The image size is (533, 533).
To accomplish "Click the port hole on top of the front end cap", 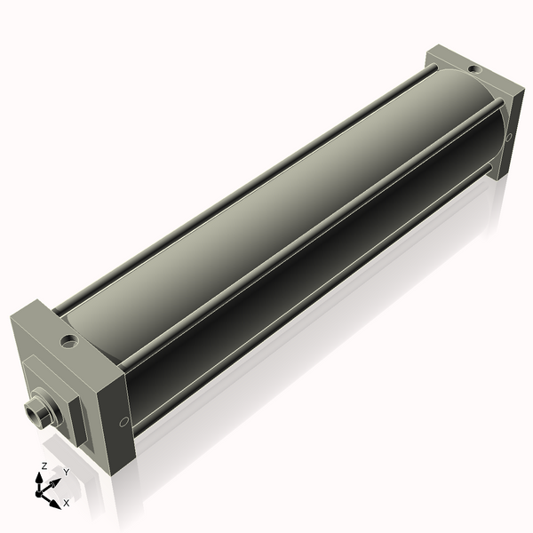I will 68,339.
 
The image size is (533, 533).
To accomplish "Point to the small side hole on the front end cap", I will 123,421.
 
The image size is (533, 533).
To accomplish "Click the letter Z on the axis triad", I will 44,466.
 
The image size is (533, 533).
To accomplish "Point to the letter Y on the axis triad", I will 66,473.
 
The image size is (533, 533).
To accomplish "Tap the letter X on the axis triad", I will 67,503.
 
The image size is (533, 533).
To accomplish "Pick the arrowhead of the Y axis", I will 58,480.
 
